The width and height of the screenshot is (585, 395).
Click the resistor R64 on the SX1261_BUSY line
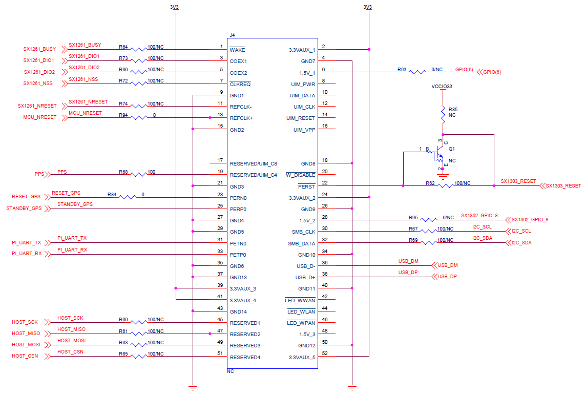tap(138, 50)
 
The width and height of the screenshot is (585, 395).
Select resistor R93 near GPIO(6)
tap(417, 72)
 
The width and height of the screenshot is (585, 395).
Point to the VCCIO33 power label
tap(442, 87)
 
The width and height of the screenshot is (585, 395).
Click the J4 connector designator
tap(232, 35)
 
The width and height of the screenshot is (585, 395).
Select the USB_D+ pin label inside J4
tap(305, 278)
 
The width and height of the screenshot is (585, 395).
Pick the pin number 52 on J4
tap(324, 352)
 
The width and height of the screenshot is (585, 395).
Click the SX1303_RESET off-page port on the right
tap(562, 186)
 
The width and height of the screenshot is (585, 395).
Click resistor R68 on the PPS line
tap(138, 175)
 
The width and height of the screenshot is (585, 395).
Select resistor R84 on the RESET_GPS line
tap(127, 197)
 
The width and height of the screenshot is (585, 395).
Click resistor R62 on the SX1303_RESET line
tap(445, 186)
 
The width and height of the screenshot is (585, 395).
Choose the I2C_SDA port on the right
tap(521, 243)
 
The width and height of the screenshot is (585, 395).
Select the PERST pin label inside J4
tap(307, 186)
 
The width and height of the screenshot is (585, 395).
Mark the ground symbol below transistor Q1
tap(443, 177)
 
